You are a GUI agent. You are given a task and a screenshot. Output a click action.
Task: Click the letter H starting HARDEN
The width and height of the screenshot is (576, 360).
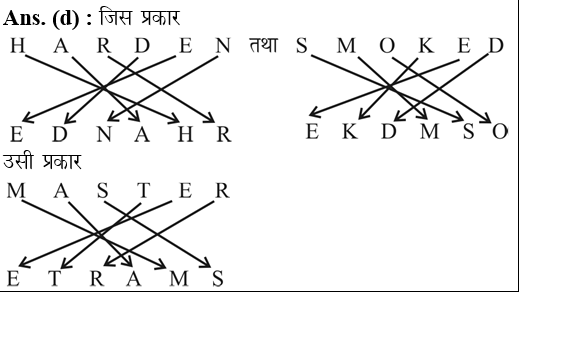(18, 47)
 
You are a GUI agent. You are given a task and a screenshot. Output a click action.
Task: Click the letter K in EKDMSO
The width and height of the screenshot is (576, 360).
(349, 132)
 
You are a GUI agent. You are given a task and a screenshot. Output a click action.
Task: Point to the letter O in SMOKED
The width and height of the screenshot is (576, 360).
(386, 47)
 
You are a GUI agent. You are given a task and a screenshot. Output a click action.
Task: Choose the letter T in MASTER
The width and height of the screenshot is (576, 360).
(143, 190)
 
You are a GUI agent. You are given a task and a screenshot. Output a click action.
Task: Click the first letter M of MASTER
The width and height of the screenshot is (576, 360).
(17, 190)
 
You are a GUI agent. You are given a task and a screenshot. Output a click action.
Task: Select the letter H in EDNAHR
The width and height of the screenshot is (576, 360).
(186, 134)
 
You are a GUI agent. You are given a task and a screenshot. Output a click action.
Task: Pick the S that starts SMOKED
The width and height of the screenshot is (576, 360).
(302, 47)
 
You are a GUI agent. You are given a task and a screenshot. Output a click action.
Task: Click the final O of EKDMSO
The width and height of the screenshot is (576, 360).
(500, 132)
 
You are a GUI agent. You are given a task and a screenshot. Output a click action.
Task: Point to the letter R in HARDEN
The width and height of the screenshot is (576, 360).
(104, 47)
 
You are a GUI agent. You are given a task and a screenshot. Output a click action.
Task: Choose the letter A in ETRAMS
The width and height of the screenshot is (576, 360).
(134, 278)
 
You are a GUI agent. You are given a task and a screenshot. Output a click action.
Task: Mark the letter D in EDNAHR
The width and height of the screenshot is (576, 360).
(60, 134)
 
